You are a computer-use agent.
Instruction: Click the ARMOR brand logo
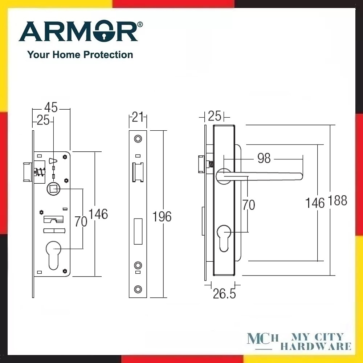pos(81,31)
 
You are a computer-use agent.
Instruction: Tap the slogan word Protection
pos(108,55)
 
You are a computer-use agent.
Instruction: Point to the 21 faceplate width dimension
pos(138,117)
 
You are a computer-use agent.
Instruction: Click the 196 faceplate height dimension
pos(162,217)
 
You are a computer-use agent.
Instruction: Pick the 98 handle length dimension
pos(264,158)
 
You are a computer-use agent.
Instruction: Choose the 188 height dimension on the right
pos(338,200)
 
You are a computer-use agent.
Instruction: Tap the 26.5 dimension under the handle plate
pos(224,294)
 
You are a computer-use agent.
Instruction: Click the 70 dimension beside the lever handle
pos(249,205)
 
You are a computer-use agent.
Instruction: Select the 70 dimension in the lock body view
pos(81,221)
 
